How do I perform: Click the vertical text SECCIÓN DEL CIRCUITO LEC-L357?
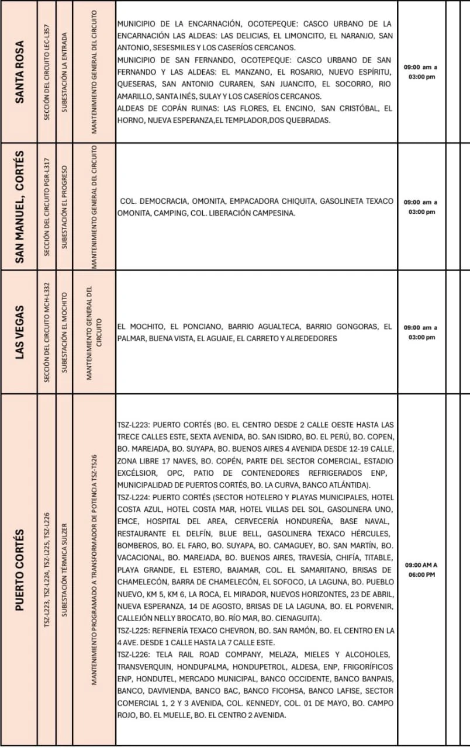[47, 72]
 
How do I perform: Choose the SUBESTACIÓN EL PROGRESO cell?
[64, 206]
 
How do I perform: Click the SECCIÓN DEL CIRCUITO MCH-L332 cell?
[47, 331]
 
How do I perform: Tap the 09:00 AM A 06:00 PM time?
[420, 570]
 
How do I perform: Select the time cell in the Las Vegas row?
[420, 332]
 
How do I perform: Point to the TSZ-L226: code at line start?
[134, 654]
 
